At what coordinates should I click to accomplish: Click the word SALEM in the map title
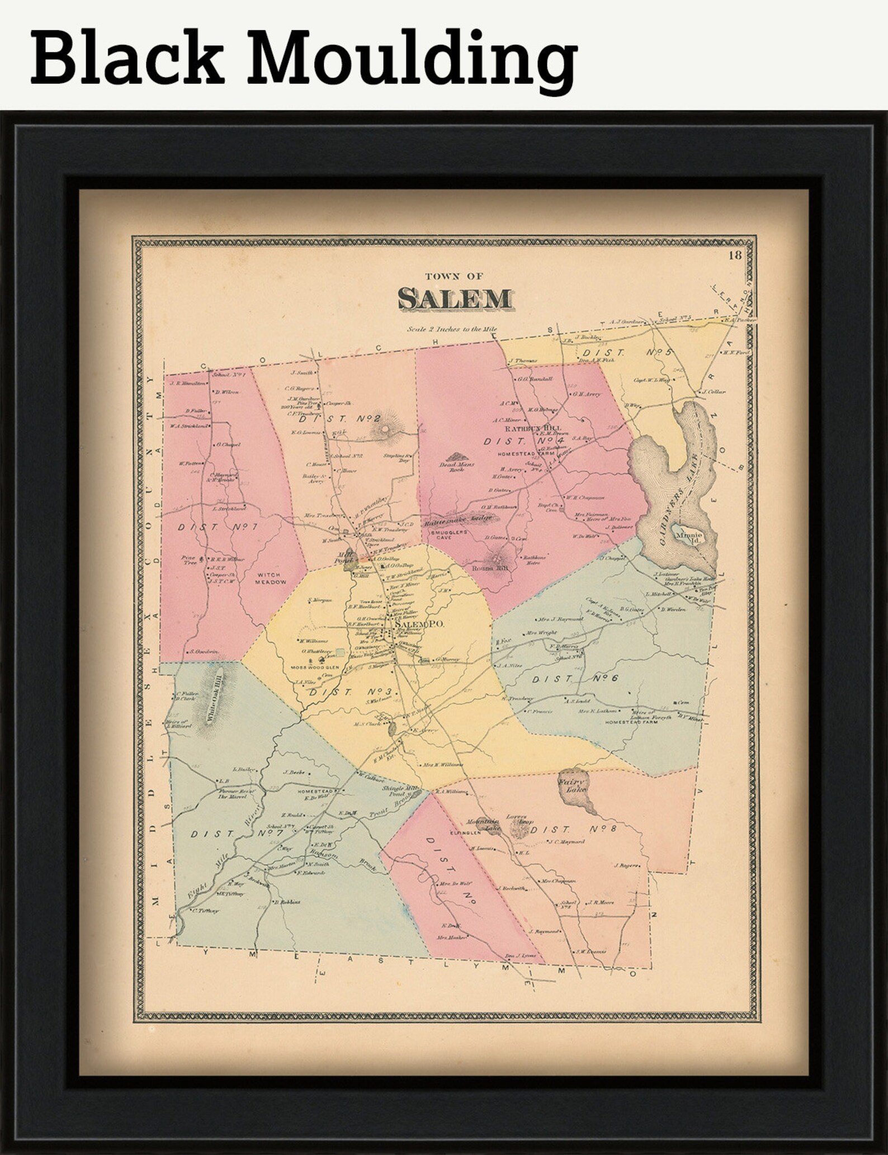[454, 300]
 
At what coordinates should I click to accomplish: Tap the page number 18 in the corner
[735, 256]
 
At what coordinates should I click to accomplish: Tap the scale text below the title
[452, 329]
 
